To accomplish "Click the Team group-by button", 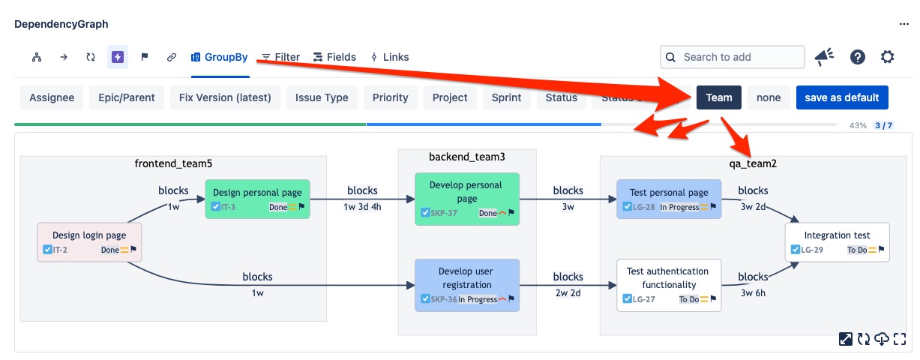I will [718, 97].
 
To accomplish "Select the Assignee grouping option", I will [52, 97].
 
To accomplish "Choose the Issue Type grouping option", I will [322, 97].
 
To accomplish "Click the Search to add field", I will [732, 57].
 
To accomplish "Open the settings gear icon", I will [888, 57].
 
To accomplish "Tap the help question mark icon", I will [858, 57].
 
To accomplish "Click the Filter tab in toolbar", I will [280, 57].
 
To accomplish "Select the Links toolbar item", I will [390, 57].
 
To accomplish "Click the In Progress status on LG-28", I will [679, 207].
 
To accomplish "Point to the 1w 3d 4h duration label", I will [362, 207].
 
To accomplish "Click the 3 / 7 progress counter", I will [884, 125].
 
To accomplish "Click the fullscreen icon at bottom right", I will [900, 339].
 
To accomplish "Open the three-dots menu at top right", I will [904, 24].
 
